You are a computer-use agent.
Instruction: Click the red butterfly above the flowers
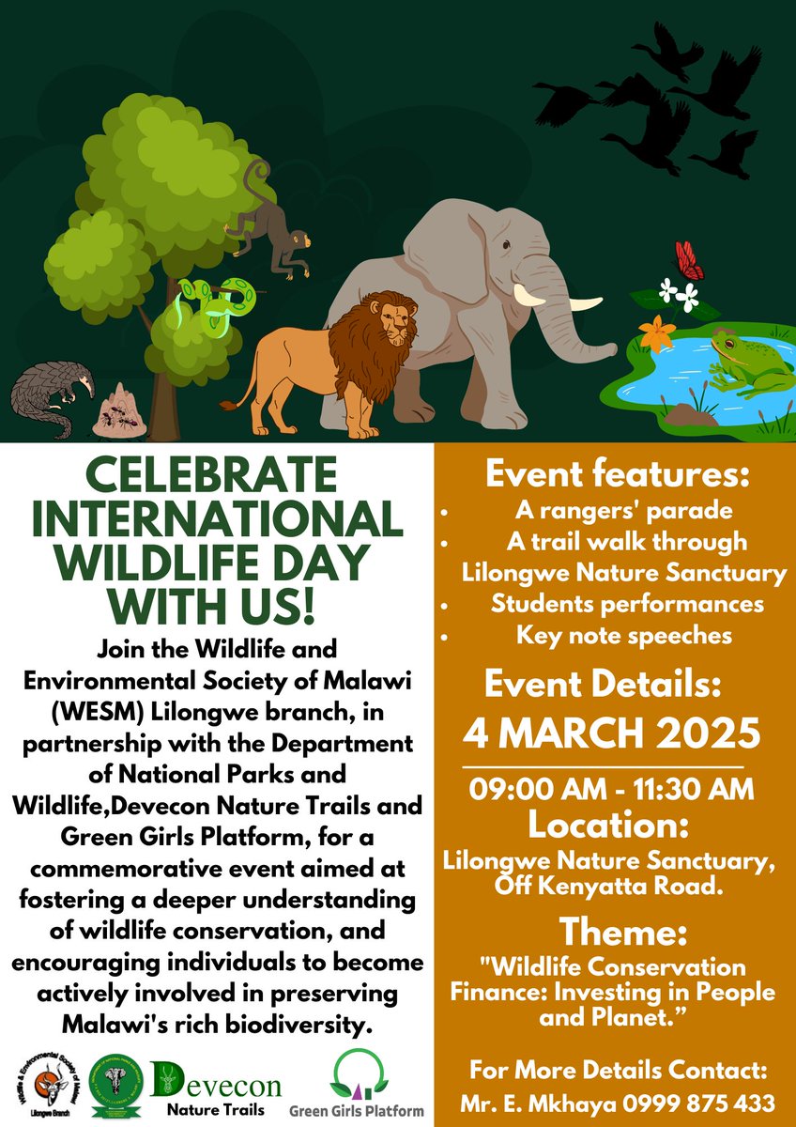pyautogui.click(x=690, y=260)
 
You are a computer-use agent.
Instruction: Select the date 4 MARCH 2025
pyautogui.click(x=614, y=729)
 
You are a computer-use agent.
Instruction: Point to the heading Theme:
pyautogui.click(x=614, y=932)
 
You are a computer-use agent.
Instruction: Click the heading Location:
pyautogui.click(x=614, y=826)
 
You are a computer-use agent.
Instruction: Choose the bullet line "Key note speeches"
pyautogui.click(x=623, y=636)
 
